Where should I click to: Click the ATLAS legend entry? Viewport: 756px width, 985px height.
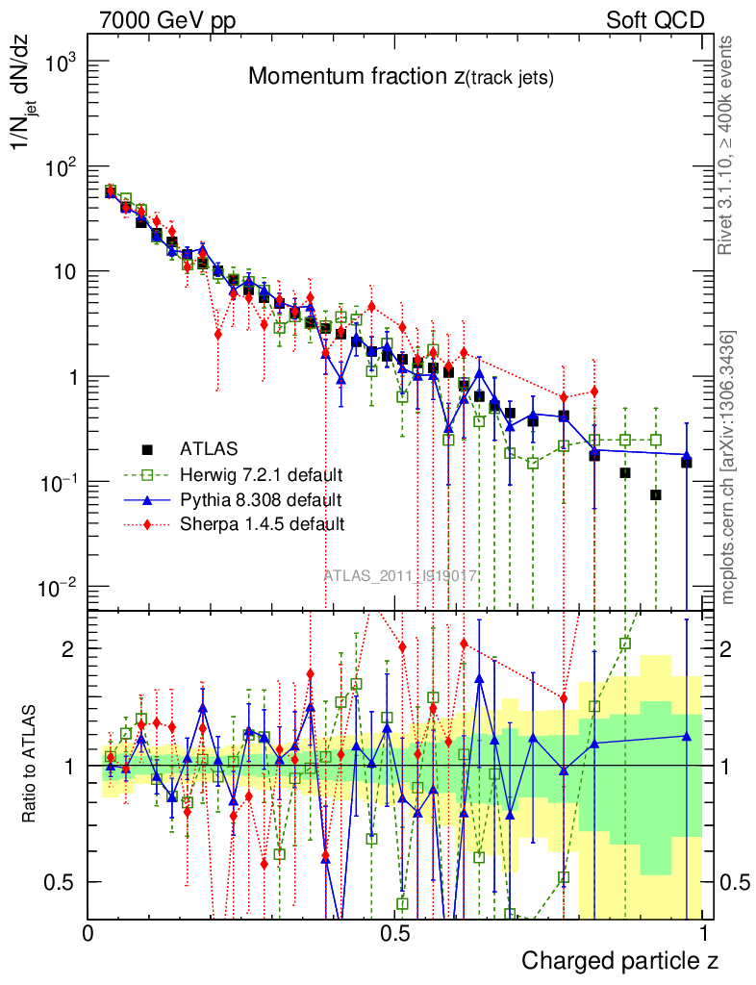[208, 447]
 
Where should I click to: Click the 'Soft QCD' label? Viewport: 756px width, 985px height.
[656, 20]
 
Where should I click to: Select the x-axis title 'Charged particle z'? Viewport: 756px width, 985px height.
[619, 960]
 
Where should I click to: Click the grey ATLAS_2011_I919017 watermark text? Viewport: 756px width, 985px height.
[400, 575]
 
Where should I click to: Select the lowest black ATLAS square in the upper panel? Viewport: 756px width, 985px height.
[656, 494]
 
